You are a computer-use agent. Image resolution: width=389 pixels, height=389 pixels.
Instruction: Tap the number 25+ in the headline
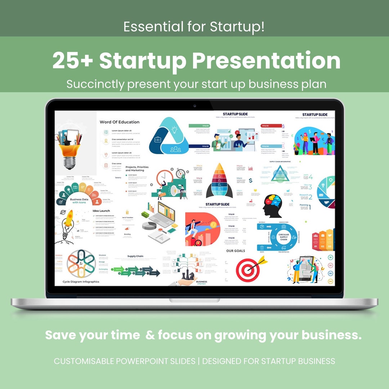tap(72, 61)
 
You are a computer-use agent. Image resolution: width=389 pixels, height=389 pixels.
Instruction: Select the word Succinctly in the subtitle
tap(94, 84)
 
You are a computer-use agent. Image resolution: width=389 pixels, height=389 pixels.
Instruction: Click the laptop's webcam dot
tap(194, 106)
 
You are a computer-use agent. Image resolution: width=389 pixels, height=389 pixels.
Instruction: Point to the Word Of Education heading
tap(119, 122)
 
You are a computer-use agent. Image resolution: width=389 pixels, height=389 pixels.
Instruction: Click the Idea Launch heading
tap(101, 211)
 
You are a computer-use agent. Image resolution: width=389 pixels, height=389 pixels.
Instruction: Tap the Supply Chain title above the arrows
tap(135, 256)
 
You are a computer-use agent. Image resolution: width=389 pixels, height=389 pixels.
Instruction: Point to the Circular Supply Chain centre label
tap(283, 237)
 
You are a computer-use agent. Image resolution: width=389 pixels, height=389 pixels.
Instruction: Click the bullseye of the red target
tap(247, 269)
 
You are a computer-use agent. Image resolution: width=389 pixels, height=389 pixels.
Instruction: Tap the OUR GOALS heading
tap(236, 251)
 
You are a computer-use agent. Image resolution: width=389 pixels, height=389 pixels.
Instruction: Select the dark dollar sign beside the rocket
tap(250, 180)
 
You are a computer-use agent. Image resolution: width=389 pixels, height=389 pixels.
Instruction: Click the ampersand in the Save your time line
tap(151, 335)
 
